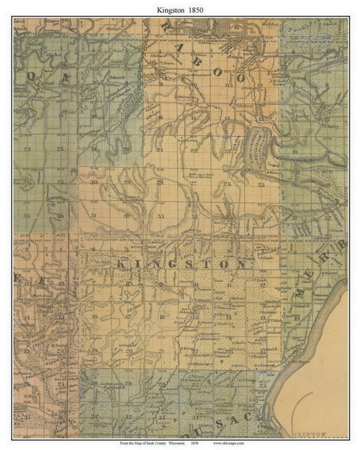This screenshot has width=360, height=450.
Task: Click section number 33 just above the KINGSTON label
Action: click(x=161, y=216)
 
